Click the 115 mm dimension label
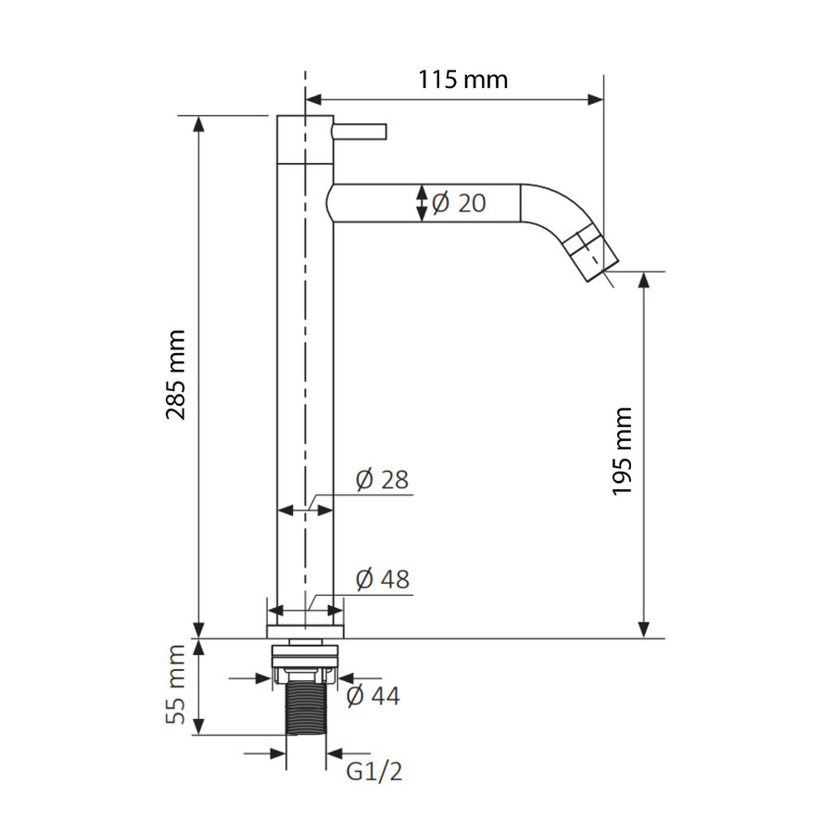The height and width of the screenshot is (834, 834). (461, 79)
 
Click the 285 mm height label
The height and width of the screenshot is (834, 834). (176, 373)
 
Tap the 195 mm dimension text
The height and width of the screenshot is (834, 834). (622, 450)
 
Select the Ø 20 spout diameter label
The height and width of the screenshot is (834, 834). (459, 203)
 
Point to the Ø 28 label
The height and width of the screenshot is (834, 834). (382, 480)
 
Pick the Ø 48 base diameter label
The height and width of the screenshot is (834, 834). (382, 580)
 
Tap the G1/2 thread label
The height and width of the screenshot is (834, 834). (374, 770)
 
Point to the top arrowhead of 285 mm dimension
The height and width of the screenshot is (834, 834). (198, 124)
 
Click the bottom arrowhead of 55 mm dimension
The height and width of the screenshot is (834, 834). (198, 727)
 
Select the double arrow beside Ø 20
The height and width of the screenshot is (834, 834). (422, 203)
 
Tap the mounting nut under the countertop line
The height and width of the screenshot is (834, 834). (305, 660)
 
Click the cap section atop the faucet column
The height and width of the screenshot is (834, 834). (305, 138)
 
